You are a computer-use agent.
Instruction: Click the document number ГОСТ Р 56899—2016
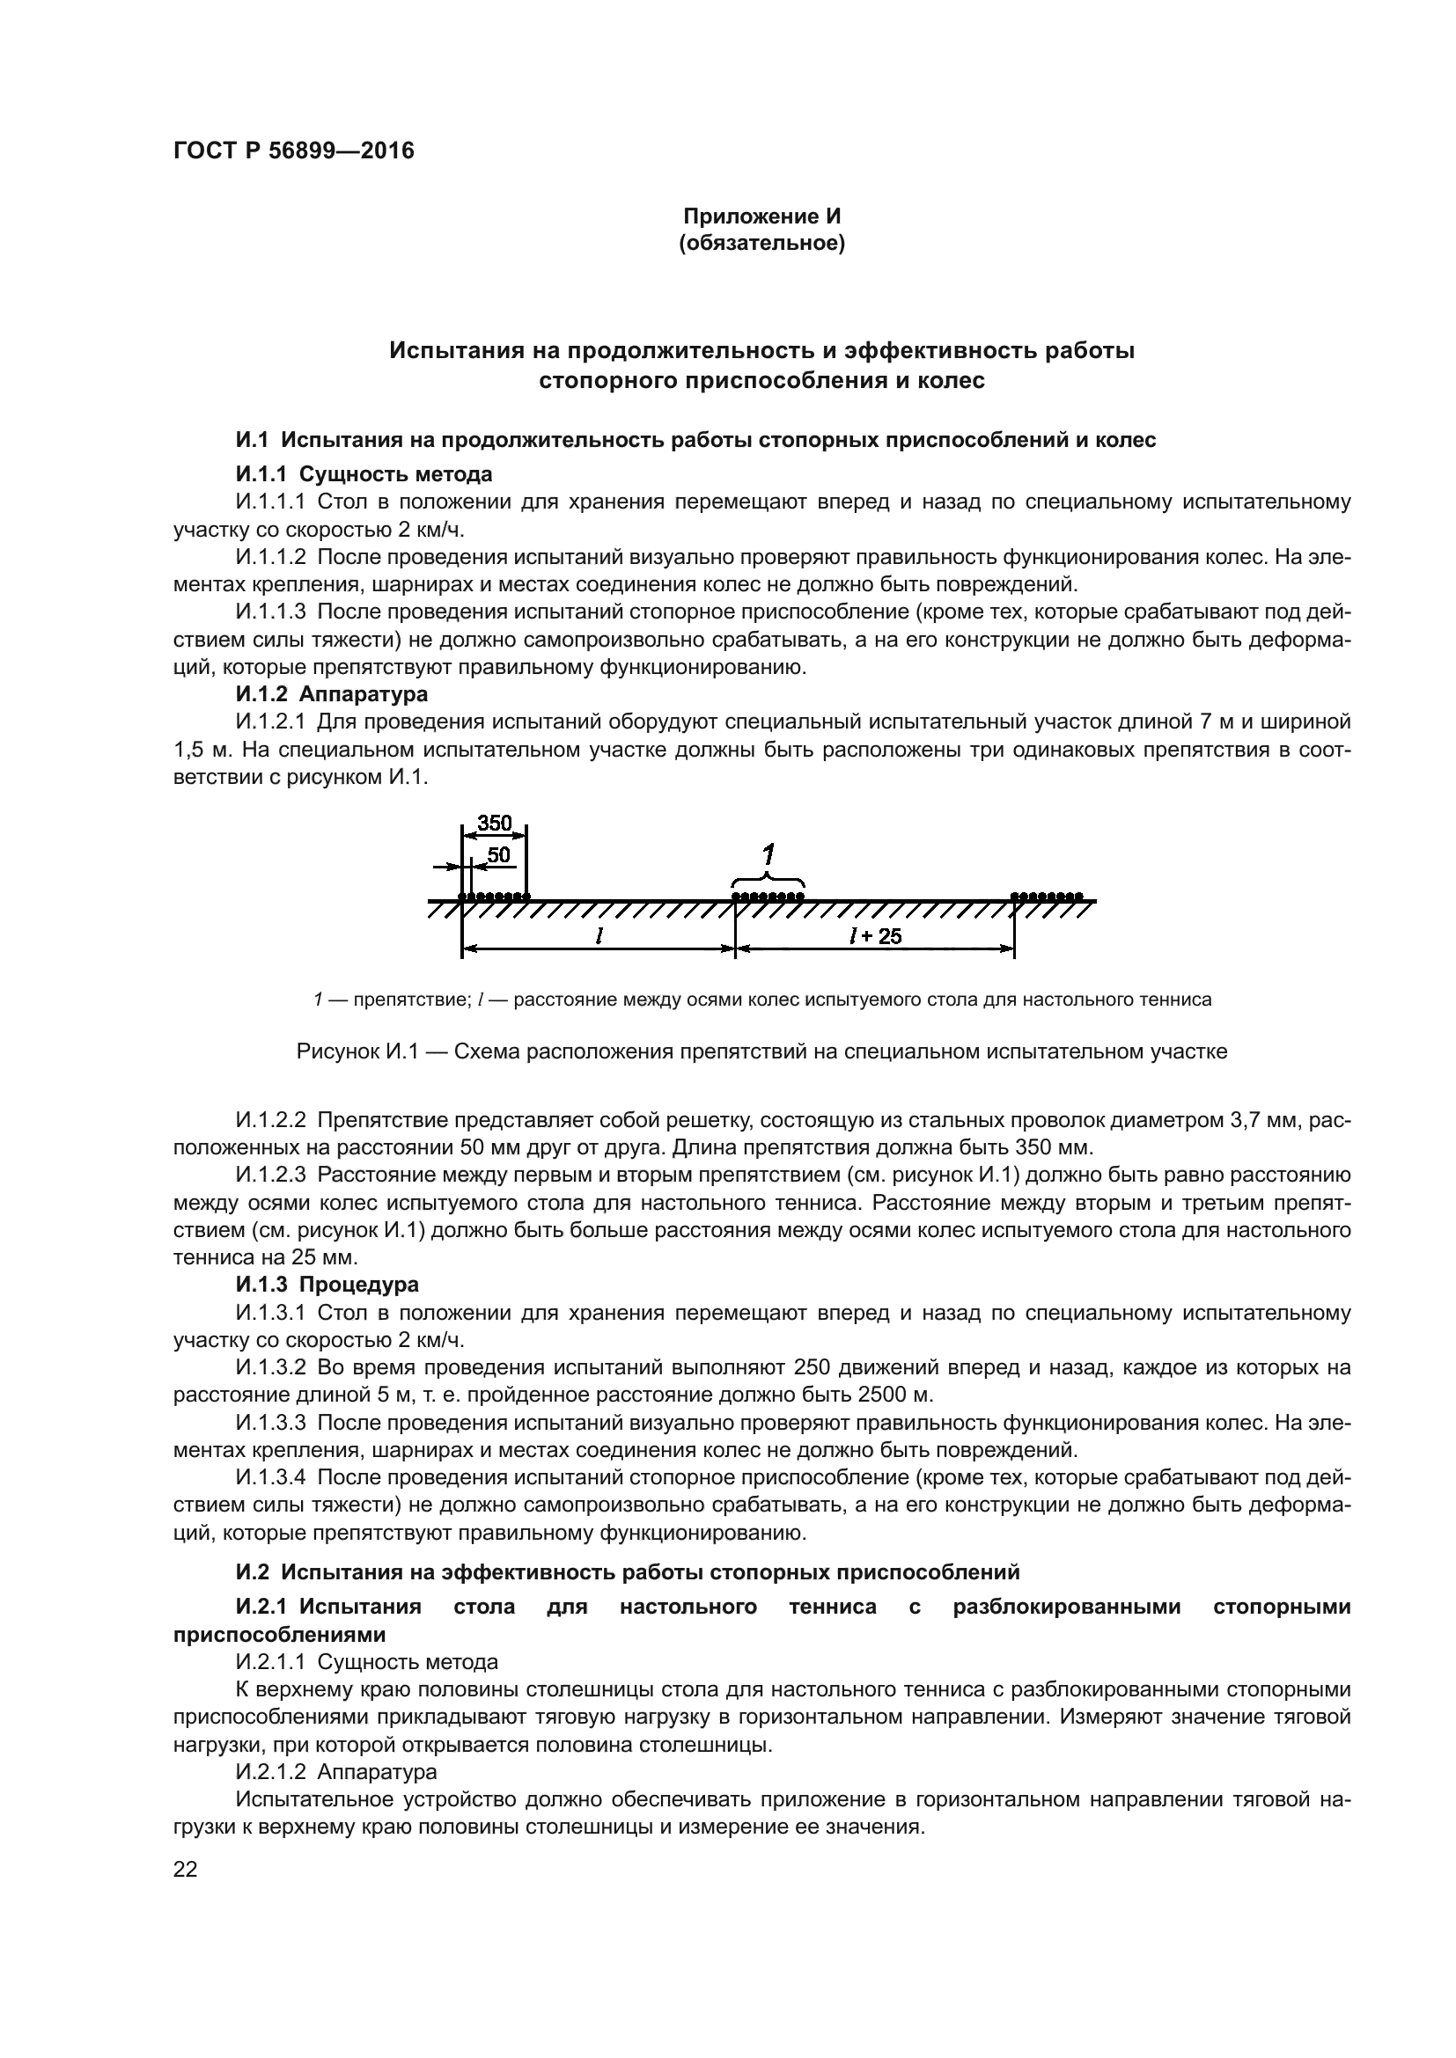(x=293, y=150)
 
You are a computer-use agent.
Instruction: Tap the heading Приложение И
(x=762, y=216)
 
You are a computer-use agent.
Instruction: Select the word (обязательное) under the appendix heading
(x=762, y=244)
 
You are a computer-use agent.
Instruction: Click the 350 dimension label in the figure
(x=494, y=823)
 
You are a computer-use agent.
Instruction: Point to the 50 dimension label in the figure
(x=498, y=855)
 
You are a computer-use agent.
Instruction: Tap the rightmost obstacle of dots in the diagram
(x=1048, y=896)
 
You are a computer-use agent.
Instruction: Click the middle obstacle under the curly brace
(x=768, y=896)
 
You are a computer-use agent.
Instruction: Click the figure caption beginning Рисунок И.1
(x=762, y=1051)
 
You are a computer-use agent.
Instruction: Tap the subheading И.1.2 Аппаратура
(x=332, y=693)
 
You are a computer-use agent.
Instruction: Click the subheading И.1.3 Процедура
(x=327, y=1285)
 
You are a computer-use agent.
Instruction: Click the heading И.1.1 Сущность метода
(x=364, y=473)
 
